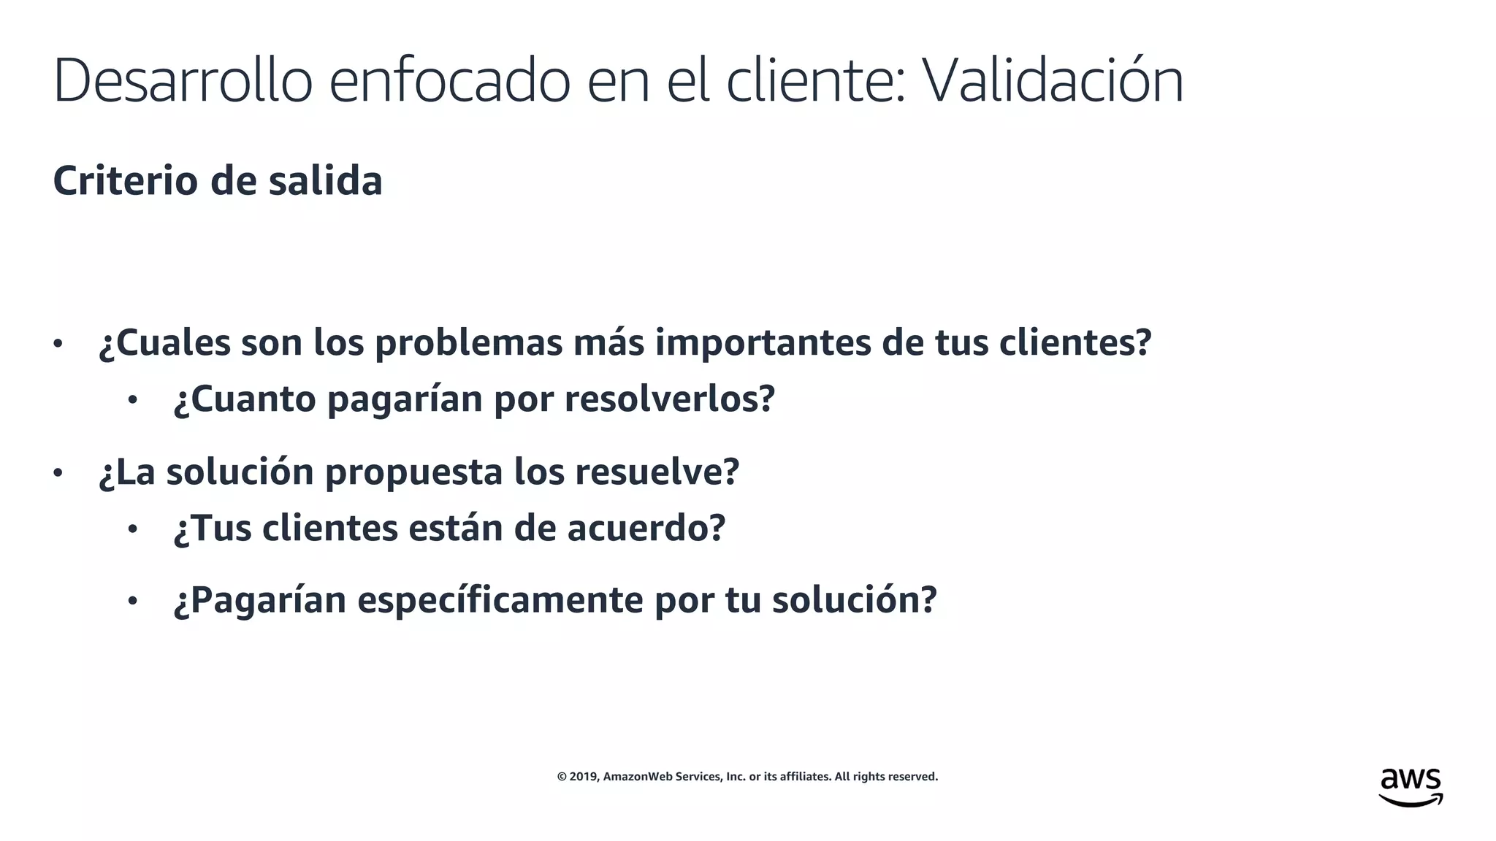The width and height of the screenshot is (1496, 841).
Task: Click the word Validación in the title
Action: (1052, 80)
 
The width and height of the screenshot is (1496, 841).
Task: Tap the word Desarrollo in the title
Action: (183, 80)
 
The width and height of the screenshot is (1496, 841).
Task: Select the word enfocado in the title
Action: (449, 80)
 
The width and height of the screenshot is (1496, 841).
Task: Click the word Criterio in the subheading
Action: (125, 180)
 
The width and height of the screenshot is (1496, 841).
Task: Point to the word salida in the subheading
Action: (325, 180)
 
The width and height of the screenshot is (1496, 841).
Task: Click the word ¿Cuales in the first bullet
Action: (164, 342)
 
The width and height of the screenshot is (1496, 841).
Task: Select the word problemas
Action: (468, 342)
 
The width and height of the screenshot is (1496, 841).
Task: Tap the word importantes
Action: (763, 342)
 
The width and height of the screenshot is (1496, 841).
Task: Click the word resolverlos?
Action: (669, 399)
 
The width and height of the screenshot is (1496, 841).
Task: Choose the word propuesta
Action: (413, 472)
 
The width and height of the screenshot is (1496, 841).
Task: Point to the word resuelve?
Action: (657, 472)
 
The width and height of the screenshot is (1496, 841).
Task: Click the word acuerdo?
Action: (646, 528)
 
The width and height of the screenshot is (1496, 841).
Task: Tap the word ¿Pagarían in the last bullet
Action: (259, 600)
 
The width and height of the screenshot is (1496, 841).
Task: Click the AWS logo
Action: (1411, 787)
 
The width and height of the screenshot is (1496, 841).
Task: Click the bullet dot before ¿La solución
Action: (58, 473)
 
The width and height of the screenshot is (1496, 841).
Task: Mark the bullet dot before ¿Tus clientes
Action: (132, 529)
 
